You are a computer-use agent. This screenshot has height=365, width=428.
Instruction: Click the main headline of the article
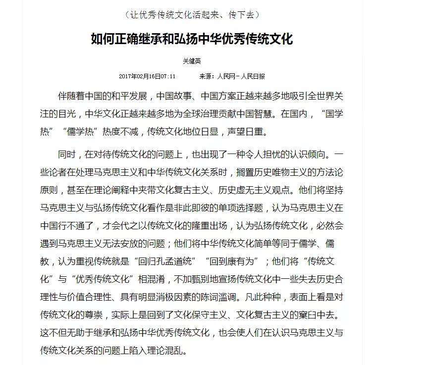[x=192, y=39]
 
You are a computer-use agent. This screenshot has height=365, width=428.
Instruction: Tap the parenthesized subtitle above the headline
[x=192, y=14]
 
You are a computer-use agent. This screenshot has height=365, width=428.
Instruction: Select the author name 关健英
[x=192, y=61]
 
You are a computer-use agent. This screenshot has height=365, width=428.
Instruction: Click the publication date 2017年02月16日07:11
[x=147, y=76]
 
